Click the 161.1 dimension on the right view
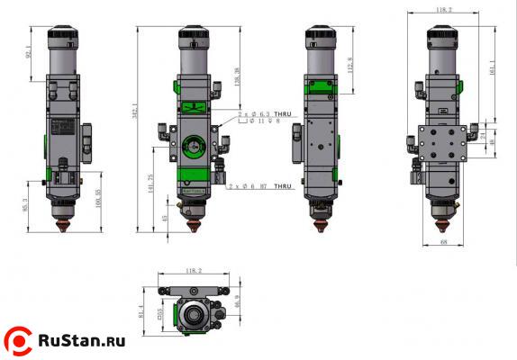492,67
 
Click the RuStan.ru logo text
80,341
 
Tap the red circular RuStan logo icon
18,340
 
